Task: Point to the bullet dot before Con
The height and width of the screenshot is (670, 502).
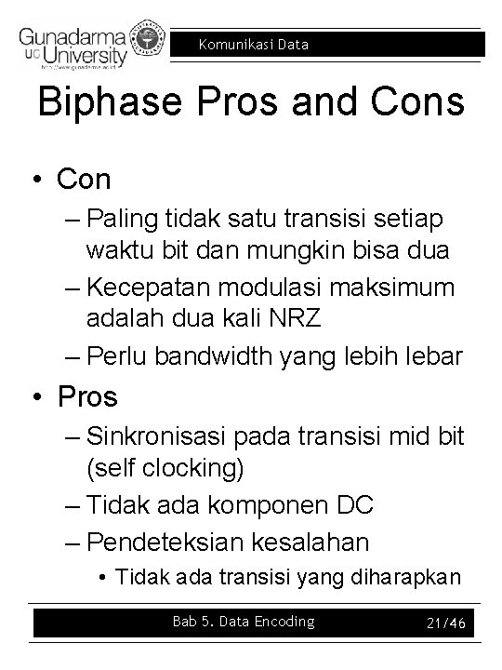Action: (41, 179)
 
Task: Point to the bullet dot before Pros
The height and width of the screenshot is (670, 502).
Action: (41, 397)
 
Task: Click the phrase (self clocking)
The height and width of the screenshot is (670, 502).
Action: (165, 469)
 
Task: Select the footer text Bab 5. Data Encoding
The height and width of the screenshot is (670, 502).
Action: (244, 622)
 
